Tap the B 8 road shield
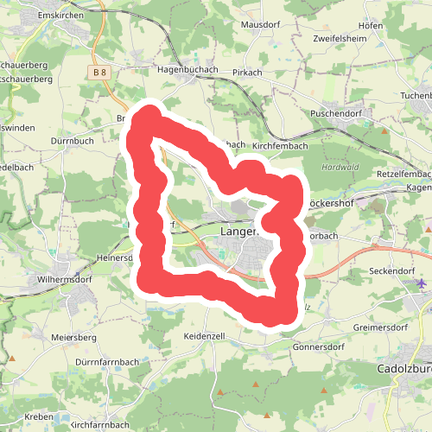coord(99,74)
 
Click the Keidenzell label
coord(204,334)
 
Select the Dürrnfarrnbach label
coord(108,361)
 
